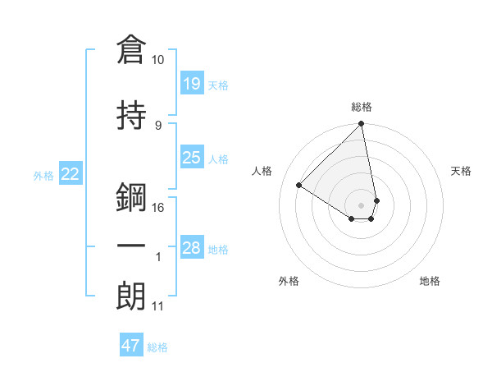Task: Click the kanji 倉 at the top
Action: point(132,50)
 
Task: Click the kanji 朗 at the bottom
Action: point(132,296)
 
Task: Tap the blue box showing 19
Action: point(192,83)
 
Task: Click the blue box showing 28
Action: point(192,247)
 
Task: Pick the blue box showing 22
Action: point(71,173)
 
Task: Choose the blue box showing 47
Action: point(131,346)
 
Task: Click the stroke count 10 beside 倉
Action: point(158,60)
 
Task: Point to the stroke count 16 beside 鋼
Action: point(158,207)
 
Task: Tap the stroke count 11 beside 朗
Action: point(158,306)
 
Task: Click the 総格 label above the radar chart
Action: point(362,107)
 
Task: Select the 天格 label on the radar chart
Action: point(462,171)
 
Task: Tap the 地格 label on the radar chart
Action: point(430,281)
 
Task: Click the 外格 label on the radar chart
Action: point(289,281)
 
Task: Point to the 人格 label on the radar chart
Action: point(262,171)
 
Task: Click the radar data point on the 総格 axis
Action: point(362,125)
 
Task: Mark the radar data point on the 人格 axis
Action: point(299,185)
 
